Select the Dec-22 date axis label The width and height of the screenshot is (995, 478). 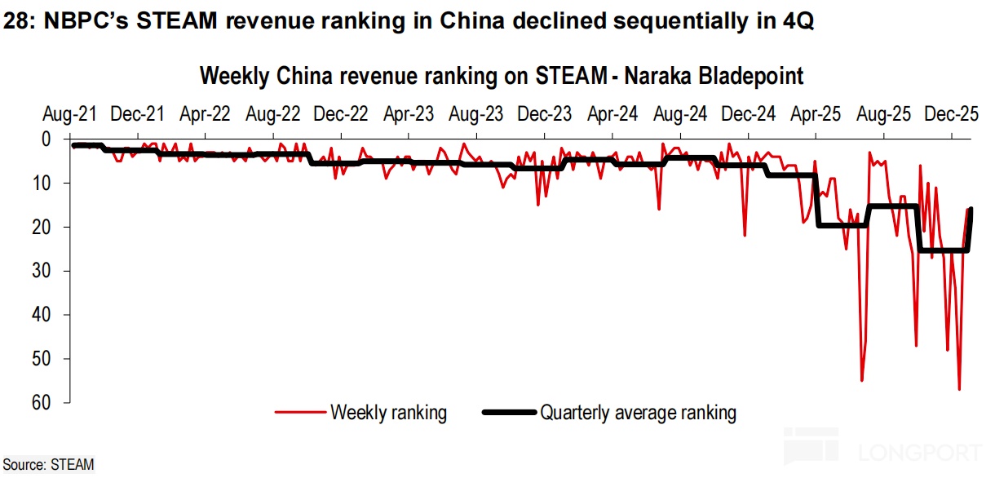[x=342, y=114]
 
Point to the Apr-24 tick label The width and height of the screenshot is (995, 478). [x=612, y=114]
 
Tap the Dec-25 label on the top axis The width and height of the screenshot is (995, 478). [x=951, y=114]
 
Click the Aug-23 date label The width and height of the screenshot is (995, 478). [x=475, y=114]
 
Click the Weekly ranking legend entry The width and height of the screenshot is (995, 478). [x=388, y=413]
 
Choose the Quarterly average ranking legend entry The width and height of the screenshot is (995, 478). [x=638, y=413]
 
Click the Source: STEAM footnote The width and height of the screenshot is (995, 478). [x=49, y=465]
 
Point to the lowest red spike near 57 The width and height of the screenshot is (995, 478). [x=959, y=388]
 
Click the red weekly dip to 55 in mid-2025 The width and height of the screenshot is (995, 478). [x=862, y=379]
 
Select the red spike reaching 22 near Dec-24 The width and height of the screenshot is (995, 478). [x=745, y=235]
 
